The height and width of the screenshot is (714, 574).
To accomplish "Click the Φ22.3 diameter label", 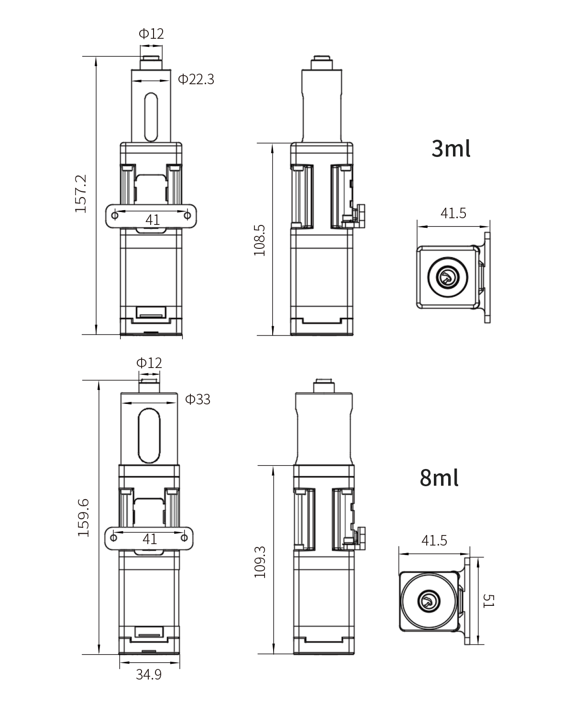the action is (196, 79).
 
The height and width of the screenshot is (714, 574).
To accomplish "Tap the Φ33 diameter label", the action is (198, 399).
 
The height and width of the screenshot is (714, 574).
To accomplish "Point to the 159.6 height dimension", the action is (83, 517).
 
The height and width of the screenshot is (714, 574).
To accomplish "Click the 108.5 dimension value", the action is (259, 240).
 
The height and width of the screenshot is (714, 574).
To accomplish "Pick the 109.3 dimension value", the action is (260, 562).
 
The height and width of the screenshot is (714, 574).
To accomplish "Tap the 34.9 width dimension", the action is (149, 674).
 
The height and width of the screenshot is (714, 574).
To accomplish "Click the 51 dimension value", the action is (488, 601).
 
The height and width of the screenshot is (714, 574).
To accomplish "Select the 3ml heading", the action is (451, 148).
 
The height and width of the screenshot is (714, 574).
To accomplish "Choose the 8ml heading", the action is (439, 478).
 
